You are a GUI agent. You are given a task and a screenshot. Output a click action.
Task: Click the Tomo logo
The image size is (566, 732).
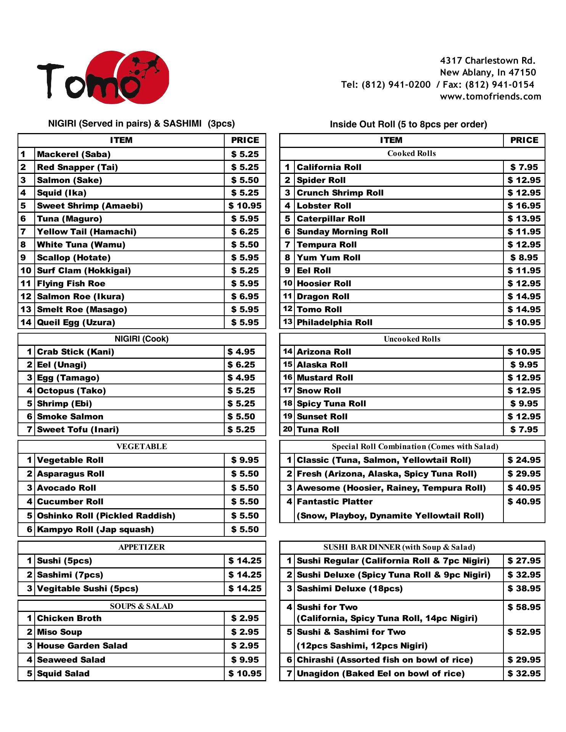point(103,77)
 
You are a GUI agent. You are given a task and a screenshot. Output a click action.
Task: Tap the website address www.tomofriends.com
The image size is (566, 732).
point(490,96)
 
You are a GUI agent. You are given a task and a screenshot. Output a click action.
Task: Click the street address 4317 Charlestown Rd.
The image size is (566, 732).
point(487,61)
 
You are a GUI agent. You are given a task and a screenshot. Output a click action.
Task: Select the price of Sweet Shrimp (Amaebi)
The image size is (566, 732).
point(245,206)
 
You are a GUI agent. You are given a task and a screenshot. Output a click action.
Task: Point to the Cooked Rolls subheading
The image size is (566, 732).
point(412,153)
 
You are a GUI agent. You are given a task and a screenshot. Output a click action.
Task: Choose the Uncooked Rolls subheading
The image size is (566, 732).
point(412,339)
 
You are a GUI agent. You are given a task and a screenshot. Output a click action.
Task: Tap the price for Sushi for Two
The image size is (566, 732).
point(524,607)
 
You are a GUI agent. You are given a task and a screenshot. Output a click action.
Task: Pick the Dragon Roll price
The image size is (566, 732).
point(524,297)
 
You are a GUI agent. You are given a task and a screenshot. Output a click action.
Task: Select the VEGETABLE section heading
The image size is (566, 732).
point(141,446)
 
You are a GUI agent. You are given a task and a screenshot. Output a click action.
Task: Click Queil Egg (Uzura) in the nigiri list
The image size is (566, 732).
point(76,323)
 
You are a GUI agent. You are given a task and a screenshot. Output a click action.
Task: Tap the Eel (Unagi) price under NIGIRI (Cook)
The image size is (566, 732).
point(241,365)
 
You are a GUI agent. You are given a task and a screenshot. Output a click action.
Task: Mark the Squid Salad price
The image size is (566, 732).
point(245,674)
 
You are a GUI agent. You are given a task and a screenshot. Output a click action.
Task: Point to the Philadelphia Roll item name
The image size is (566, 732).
point(334,323)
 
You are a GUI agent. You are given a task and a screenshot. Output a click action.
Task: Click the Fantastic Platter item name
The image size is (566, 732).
point(334,502)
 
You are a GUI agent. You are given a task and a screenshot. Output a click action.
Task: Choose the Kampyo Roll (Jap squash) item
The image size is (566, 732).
point(95,530)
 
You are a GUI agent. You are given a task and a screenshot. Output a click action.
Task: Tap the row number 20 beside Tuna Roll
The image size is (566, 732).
point(288,429)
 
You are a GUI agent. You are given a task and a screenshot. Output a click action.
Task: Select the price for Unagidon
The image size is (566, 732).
point(524,674)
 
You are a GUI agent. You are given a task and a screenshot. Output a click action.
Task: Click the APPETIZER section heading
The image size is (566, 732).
point(141,547)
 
